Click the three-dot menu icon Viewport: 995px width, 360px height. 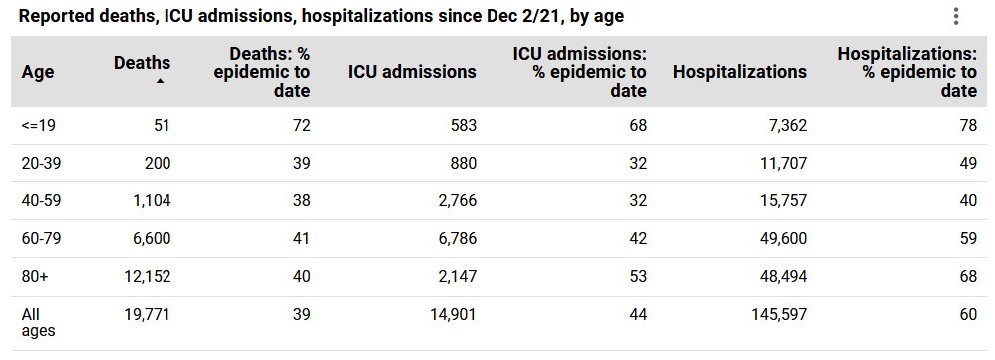[x=955, y=16]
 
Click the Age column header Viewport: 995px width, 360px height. [x=38, y=72]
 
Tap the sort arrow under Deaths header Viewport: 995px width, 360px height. [x=160, y=81]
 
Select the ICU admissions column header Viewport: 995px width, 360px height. [x=412, y=72]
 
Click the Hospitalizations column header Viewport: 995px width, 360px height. [x=740, y=72]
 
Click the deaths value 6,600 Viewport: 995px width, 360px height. [x=150, y=239]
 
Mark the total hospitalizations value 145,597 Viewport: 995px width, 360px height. [x=777, y=315]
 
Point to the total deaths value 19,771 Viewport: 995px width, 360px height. [x=144, y=315]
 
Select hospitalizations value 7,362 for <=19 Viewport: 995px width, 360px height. [x=785, y=126]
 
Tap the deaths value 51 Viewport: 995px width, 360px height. [x=162, y=126]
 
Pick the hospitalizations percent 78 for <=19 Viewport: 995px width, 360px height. [x=967, y=126]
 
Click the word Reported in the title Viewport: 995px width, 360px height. [x=54, y=16]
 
